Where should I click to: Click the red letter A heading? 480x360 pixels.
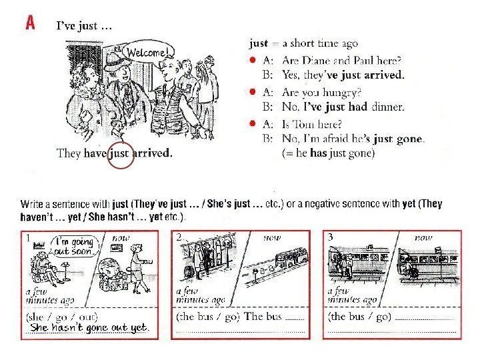tap(30, 23)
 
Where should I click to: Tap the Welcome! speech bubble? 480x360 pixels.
tap(147, 53)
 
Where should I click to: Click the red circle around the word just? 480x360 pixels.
tap(121, 155)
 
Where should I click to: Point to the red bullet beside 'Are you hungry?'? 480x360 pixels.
tap(253, 91)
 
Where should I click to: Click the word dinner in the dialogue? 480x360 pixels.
tap(387, 107)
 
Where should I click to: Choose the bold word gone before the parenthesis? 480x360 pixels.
tap(409, 139)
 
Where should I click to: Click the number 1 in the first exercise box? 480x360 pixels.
tap(28, 237)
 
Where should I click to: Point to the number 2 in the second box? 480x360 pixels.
tap(179, 237)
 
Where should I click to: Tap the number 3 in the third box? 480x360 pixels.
tap(330, 237)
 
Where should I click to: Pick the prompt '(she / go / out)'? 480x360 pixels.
tap(62, 317)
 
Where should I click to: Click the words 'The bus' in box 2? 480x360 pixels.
tap(263, 316)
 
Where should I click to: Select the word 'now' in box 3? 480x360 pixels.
tap(423, 237)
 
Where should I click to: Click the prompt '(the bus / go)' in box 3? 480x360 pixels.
tap(359, 316)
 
